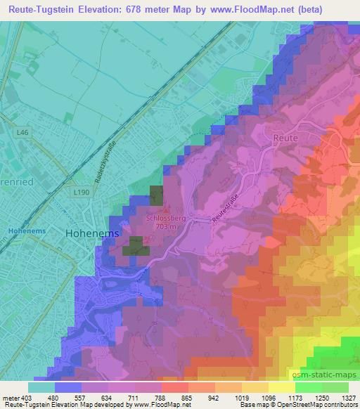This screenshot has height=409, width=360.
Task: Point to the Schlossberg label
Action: (166, 217)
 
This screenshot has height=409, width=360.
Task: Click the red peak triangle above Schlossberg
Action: (166, 209)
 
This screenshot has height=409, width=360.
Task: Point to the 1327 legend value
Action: (349, 397)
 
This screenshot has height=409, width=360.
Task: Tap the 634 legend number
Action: (108, 397)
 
